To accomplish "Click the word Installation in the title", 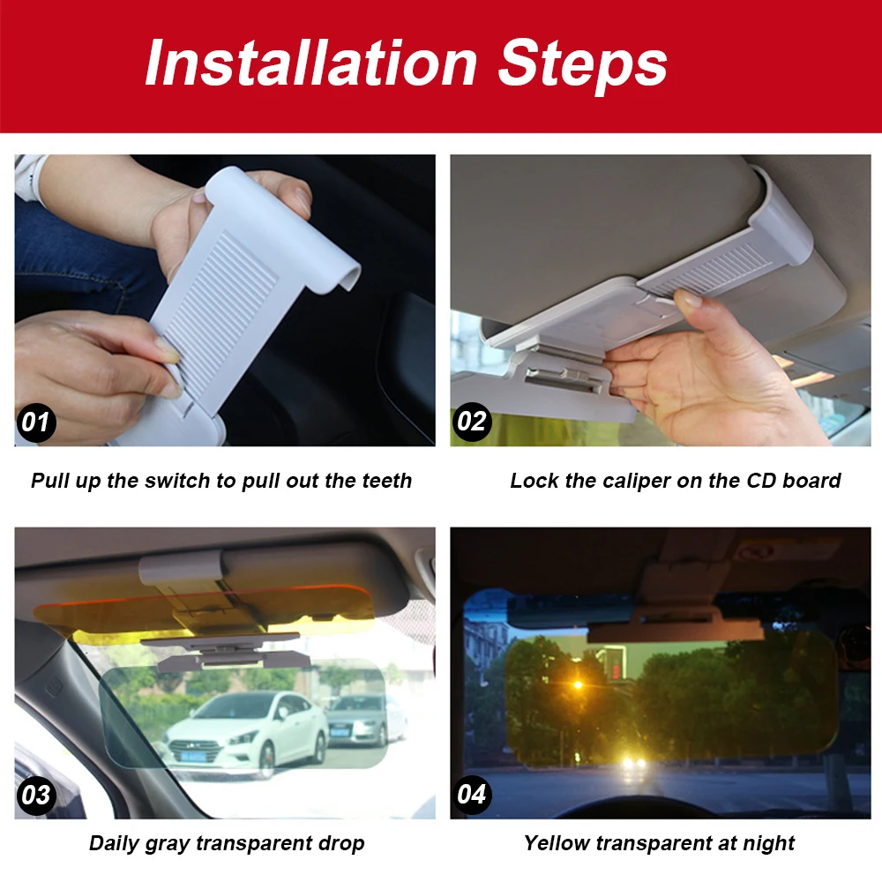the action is [x=311, y=63].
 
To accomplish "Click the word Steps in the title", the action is [x=583, y=66].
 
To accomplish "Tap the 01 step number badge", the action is [x=36, y=422].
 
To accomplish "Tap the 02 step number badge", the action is [x=472, y=422].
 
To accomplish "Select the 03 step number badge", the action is [x=36, y=795].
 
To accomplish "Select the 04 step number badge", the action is [x=472, y=795].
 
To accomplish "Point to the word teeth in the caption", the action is [x=387, y=481].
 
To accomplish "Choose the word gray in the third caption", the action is [x=167, y=843].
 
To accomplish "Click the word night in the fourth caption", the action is [x=768, y=844].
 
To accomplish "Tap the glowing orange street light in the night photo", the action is [x=578, y=684].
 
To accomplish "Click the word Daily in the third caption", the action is [x=113, y=843].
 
